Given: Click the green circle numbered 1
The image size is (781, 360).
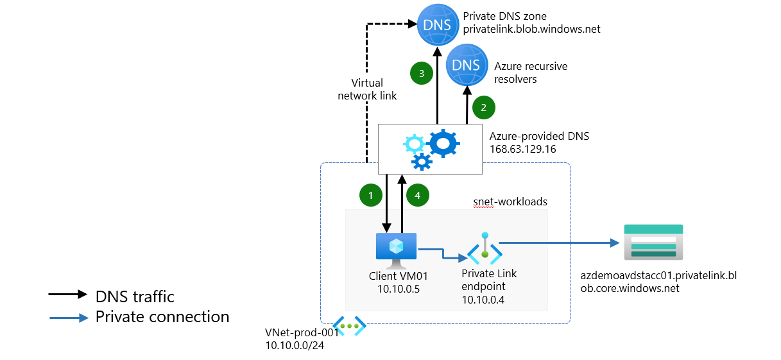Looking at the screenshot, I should (370, 195).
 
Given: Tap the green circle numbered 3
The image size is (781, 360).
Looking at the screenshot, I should (421, 74).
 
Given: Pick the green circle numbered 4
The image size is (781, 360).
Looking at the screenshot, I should (418, 195).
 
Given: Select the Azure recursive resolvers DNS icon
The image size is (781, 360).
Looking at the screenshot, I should (466, 65).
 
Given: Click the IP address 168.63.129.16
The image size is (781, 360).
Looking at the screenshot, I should (522, 149).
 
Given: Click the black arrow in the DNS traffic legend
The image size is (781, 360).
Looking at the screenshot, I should (67, 294).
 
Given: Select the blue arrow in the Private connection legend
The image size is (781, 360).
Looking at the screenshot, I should (67, 317).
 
